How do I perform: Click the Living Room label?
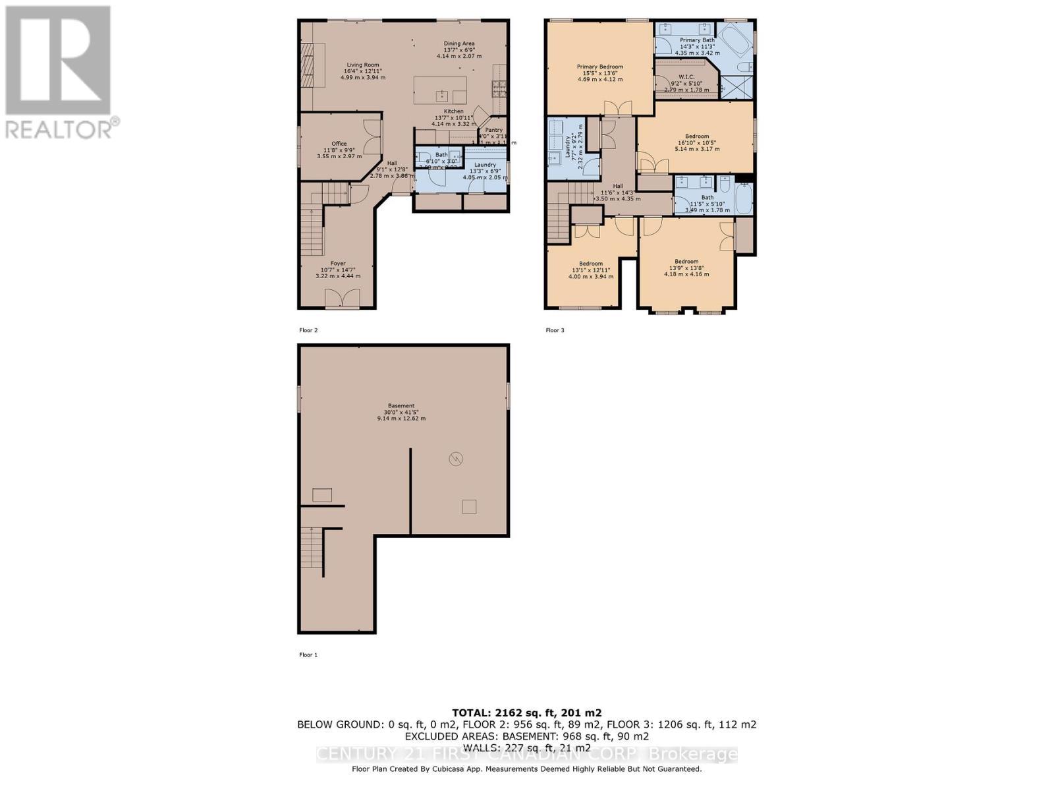point(362,65)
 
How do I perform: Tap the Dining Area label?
point(458,44)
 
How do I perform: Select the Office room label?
point(339,144)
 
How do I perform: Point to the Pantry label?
point(493,130)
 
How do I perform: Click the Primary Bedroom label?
point(599,67)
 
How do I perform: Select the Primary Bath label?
point(697,40)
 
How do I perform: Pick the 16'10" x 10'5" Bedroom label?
point(696,136)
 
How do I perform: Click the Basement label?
point(401,406)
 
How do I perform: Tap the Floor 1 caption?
point(308,655)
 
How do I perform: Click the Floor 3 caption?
point(555,330)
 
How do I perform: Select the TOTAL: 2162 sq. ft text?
point(526,713)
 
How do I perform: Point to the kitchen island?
point(440,90)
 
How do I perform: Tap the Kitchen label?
point(453,111)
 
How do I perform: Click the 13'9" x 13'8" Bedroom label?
point(686,262)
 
